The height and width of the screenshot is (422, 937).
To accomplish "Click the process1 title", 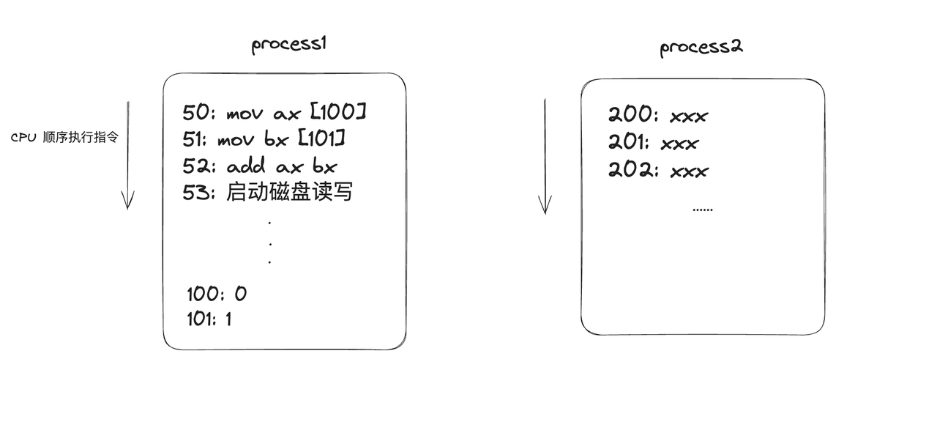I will tap(288, 45).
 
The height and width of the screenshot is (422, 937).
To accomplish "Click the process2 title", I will tap(701, 48).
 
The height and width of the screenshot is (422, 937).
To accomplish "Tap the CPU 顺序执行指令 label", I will tap(64, 138).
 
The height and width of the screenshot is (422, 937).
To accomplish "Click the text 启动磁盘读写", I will tap(290, 192).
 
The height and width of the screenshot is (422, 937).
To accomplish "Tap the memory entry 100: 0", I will tap(217, 294).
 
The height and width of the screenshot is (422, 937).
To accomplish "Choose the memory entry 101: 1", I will tap(210, 319).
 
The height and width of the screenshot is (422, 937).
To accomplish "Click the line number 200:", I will tap(633, 114).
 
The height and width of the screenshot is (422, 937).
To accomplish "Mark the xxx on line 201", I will tap(679, 143).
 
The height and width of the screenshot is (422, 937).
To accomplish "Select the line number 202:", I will tap(633, 170).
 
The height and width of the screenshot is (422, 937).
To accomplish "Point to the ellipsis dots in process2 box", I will tap(702, 210).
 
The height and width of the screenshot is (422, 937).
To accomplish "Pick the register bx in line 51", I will tap(276, 139).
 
